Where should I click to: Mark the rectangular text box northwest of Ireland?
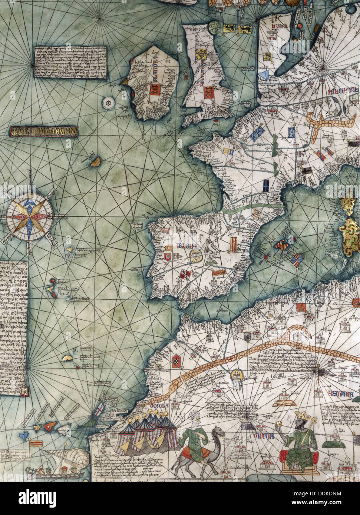[x=69, y=62]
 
